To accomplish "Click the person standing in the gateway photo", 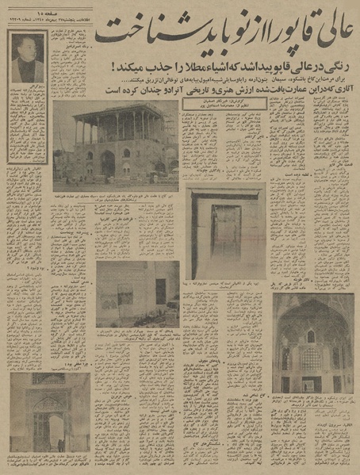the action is coord(60,445).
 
